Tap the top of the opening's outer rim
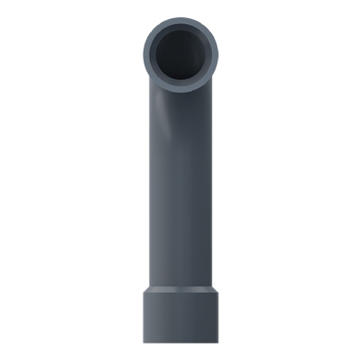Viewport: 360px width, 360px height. (180, 21)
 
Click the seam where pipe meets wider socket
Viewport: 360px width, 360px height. (180, 287)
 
